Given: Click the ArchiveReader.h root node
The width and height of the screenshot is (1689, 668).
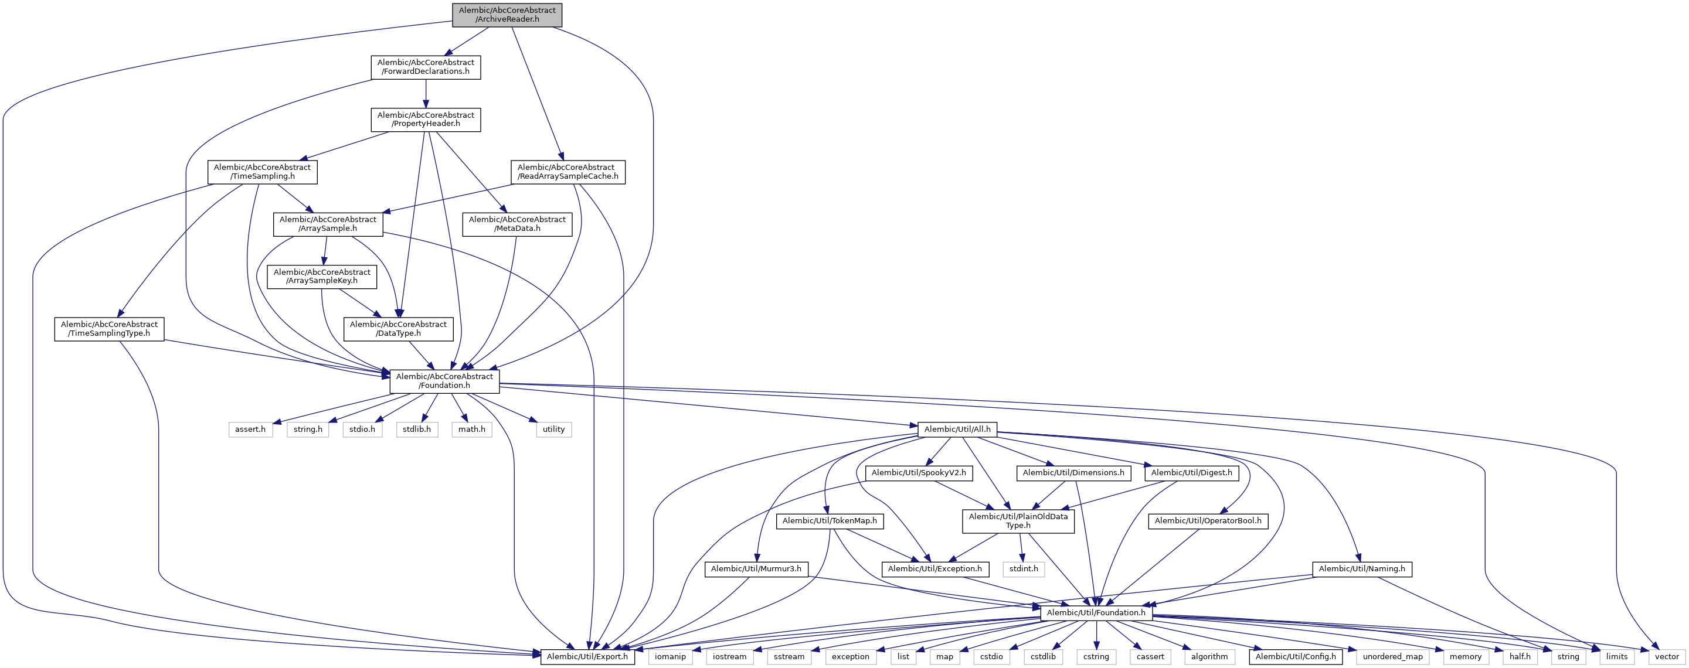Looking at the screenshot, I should pos(507,15).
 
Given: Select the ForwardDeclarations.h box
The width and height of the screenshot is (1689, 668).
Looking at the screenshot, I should pos(426,67).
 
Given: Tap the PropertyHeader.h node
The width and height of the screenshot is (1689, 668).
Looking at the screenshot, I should pos(426,120).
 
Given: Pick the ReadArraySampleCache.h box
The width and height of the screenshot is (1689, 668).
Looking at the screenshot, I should pos(567,172).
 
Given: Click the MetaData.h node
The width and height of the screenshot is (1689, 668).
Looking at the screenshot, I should pos(516,224).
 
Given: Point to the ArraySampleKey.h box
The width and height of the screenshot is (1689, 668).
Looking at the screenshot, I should pos(322,277).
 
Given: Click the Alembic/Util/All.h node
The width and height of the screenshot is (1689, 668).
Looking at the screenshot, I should pos(957,430).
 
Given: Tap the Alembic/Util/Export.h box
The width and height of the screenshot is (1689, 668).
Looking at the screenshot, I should pos(587,656).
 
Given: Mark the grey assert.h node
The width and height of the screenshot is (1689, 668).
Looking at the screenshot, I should pos(250,430).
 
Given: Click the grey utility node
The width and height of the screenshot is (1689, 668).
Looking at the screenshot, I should pos(553,430).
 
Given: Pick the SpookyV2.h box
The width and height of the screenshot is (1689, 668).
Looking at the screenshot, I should pos(918,473).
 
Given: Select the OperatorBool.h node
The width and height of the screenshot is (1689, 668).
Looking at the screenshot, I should pos(1208,520).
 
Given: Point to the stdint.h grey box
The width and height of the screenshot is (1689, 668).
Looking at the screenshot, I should pos(1024,569).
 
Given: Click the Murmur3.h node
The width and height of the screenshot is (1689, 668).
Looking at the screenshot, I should pos(756,569).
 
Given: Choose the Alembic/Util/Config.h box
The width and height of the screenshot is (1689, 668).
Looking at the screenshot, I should pos(1295,656).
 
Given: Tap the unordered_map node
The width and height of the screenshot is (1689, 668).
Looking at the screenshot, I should pos(1392,656).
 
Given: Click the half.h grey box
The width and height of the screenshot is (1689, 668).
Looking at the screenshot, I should pos(1519,656).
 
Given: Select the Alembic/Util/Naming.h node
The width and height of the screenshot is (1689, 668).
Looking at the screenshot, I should pos(1362,569).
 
